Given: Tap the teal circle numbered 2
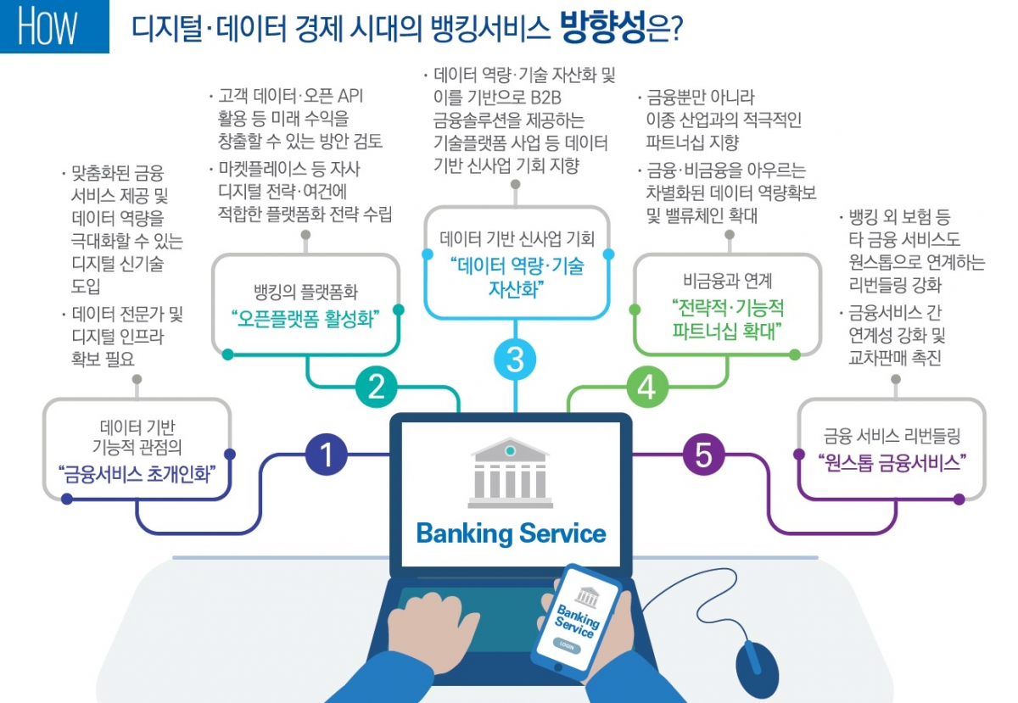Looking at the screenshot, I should tap(377, 387).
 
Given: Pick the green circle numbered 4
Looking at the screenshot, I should tap(646, 388).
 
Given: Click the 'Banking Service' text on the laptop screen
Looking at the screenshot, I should tap(511, 533).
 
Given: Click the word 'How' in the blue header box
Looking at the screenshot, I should tap(48, 28).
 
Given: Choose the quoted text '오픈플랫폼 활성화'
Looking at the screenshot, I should tap(305, 319).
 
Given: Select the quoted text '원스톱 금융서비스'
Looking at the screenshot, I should tap(892, 463).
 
